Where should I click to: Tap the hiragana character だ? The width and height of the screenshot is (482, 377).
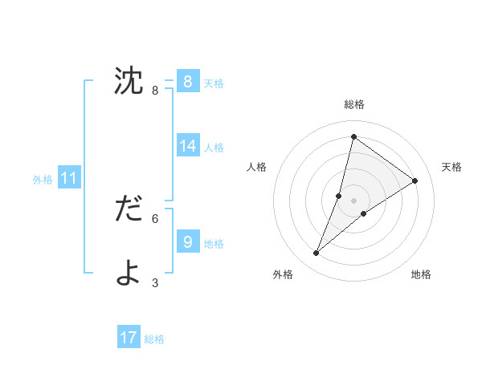pyautogui.click(x=129, y=209)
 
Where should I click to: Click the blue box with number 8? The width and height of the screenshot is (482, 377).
pyautogui.click(x=187, y=81)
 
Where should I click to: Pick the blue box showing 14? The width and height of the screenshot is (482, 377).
pyautogui.click(x=187, y=146)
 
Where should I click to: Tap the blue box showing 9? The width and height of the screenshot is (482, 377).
pyautogui.click(x=187, y=241)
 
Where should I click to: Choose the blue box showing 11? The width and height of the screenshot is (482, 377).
pyautogui.click(x=68, y=179)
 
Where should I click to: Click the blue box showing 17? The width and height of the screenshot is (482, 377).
pyautogui.click(x=129, y=338)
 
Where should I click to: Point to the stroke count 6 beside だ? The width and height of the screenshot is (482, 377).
pyautogui.click(x=155, y=218)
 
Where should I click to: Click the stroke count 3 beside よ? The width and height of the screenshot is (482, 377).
pyautogui.click(x=155, y=282)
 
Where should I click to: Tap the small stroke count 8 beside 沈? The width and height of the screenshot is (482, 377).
pyautogui.click(x=155, y=91)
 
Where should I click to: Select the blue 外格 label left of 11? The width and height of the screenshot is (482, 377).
pyautogui.click(x=43, y=180)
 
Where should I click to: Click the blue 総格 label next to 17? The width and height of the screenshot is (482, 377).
pyautogui.click(x=154, y=339)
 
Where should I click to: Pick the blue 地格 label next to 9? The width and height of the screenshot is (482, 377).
pyautogui.click(x=214, y=243)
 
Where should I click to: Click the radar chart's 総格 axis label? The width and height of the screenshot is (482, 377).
pyautogui.click(x=353, y=104)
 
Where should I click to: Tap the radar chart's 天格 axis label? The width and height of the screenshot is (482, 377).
pyautogui.click(x=451, y=167)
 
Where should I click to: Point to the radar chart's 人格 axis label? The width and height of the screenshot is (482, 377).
pyautogui.click(x=256, y=167)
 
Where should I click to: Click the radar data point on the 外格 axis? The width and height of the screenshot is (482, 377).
pyautogui.click(x=317, y=253)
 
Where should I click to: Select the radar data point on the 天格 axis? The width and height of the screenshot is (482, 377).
pyautogui.click(x=415, y=180)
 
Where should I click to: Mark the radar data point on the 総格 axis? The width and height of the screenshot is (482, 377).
pyautogui.click(x=353, y=136)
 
